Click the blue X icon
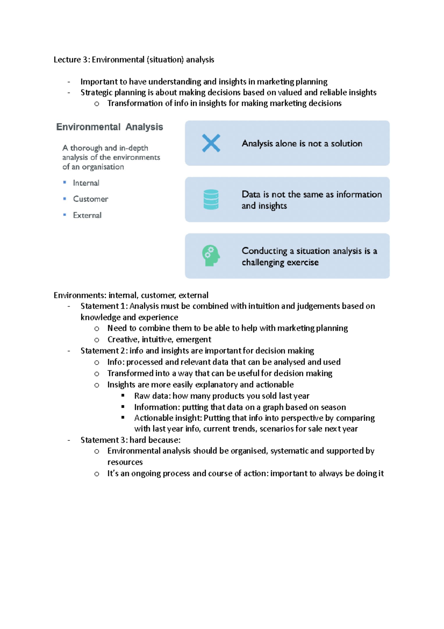point(211,143)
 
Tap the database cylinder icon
point(211,200)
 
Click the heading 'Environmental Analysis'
point(110,127)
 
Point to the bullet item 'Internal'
point(86,183)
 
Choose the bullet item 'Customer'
point(90,199)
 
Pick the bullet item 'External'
point(87,216)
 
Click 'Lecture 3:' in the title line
point(72,60)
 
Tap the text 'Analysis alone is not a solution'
point(302,144)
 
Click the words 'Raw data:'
point(152,396)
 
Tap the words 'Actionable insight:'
point(168,418)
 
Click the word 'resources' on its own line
point(125,462)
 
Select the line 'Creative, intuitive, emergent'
point(159,340)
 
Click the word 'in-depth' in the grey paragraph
point(134,148)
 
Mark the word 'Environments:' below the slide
point(80,296)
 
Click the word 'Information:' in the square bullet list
point(157,407)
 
